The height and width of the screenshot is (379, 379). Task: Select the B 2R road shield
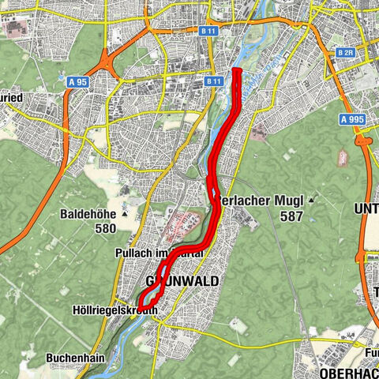[x=344, y=52]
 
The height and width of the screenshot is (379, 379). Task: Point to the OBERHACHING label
[x=347, y=371]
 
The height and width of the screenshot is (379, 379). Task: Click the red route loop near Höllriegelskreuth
[x=148, y=299]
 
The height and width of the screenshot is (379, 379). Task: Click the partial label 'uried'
[x=13, y=97]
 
